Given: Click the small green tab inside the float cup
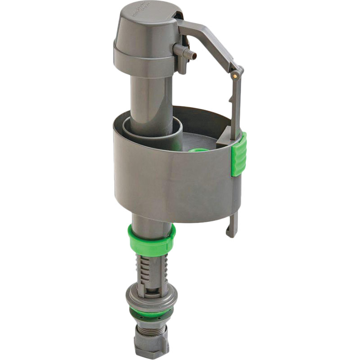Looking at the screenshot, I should (x=198, y=149).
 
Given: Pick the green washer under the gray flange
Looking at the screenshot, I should (x=151, y=313).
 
